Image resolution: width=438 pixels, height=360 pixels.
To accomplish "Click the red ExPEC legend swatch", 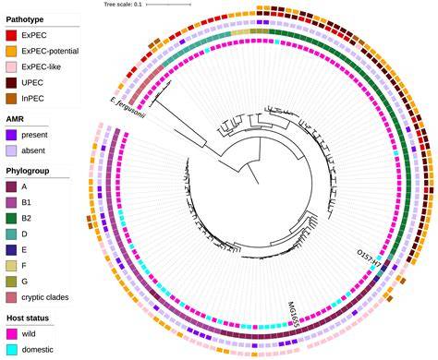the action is pos(11,35).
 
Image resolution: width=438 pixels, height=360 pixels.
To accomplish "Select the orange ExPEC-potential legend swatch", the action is pos(11,51).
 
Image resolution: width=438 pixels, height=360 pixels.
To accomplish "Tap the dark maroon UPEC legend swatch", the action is pos(11,83).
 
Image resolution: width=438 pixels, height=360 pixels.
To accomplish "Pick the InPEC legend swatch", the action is pos(11,99).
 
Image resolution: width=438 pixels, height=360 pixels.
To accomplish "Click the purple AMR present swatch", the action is pos(11,135).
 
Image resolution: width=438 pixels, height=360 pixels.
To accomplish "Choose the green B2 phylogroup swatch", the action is pos(11,219).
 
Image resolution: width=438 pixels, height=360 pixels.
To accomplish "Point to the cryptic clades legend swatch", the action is pos(11,297).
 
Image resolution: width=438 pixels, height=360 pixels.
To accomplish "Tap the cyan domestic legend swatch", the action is pos(12,350).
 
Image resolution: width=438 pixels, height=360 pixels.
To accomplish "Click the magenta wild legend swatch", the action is pos(12,334).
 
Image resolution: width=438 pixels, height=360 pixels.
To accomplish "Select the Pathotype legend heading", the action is pos(25,19).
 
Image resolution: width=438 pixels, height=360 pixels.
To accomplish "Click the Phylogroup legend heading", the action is pos(28,171).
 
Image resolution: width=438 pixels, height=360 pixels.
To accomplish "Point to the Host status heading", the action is pos(28,318).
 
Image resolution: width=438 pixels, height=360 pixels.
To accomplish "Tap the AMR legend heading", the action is pos(15,119).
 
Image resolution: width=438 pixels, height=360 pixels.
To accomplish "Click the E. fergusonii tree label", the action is pos(128,109).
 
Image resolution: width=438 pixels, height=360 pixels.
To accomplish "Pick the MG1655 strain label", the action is pos(294,312).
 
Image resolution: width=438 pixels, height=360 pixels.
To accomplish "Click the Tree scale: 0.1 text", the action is pos(123,5).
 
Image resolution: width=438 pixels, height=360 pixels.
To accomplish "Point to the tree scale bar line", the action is pos(168,5).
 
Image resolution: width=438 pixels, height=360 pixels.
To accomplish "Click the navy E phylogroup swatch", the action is pos(11,250).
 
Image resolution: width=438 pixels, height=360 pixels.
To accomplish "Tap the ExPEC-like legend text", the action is pos(41,66).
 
